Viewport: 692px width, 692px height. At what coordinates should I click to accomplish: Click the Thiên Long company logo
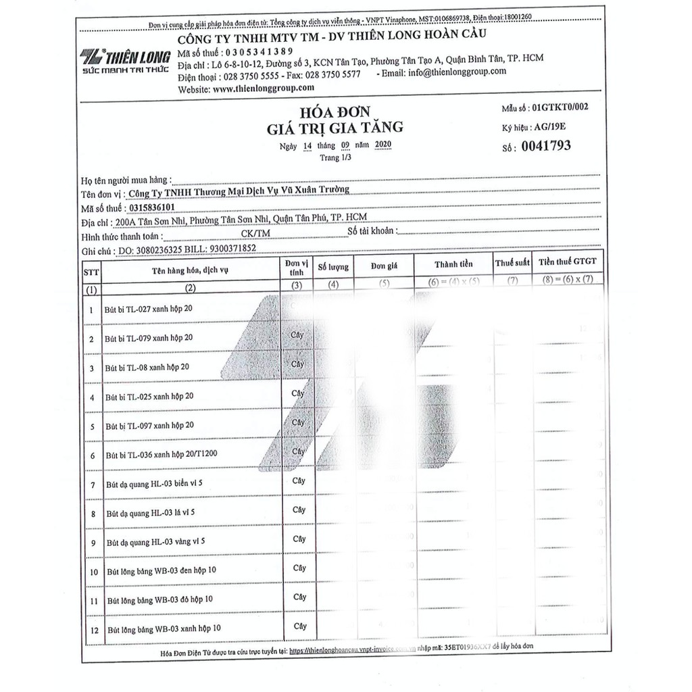coord(125,60)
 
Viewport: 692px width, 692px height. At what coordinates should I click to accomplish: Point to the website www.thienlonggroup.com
coord(264,88)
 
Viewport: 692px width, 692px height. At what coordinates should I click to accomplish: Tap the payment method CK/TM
coord(255,234)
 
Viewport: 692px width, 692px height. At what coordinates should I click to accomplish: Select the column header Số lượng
coord(333,267)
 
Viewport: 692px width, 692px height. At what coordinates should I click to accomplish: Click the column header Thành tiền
coord(453,264)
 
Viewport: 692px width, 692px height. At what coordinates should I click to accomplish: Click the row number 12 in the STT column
coord(93,630)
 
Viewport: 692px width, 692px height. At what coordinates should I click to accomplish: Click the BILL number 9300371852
coord(225,249)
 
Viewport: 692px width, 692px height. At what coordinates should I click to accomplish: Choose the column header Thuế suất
coord(512,263)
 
